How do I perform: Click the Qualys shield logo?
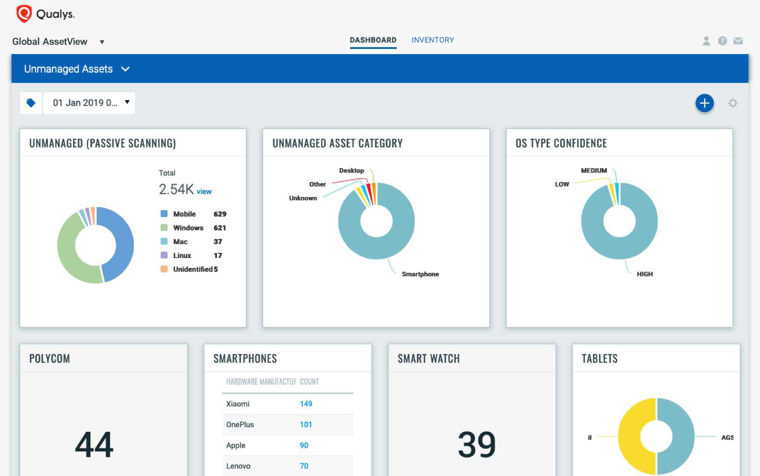click(x=24, y=14)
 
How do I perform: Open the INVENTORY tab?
click(x=433, y=40)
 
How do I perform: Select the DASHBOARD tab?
click(x=373, y=40)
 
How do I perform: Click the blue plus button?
click(x=704, y=103)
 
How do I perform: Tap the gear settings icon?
click(x=733, y=103)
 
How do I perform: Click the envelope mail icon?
click(x=738, y=41)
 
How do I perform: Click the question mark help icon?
click(x=722, y=41)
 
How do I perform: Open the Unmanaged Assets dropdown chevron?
click(x=125, y=69)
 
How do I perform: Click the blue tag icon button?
click(x=31, y=103)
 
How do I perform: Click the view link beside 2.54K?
click(x=204, y=191)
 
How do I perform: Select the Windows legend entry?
click(x=188, y=228)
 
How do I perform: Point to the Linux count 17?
click(x=217, y=255)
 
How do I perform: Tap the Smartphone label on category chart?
click(x=420, y=274)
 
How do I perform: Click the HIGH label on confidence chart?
click(x=645, y=274)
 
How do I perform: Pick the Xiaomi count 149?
click(x=306, y=404)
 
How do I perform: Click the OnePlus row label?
click(x=240, y=424)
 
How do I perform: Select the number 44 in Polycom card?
click(x=94, y=444)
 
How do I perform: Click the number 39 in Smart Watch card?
click(x=476, y=444)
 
